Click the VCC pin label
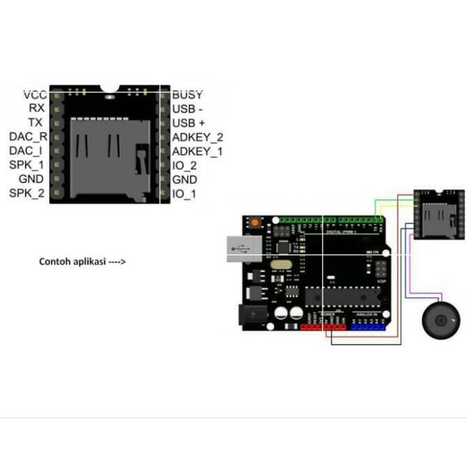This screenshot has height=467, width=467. tap(35, 94)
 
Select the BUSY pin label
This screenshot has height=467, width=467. tap(187, 94)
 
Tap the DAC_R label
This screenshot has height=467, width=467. tap(28, 136)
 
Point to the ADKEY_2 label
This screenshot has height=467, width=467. tap(197, 137)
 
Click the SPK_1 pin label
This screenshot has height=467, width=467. tap(27, 165)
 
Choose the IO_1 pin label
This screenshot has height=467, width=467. tap(184, 195)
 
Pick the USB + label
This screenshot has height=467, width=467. tap(188, 123)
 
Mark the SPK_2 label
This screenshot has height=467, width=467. tap(27, 195)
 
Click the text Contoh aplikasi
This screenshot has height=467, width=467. tap(72, 261)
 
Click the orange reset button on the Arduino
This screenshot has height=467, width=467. tap(255, 223)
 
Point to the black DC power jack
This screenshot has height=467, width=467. tap(251, 314)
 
